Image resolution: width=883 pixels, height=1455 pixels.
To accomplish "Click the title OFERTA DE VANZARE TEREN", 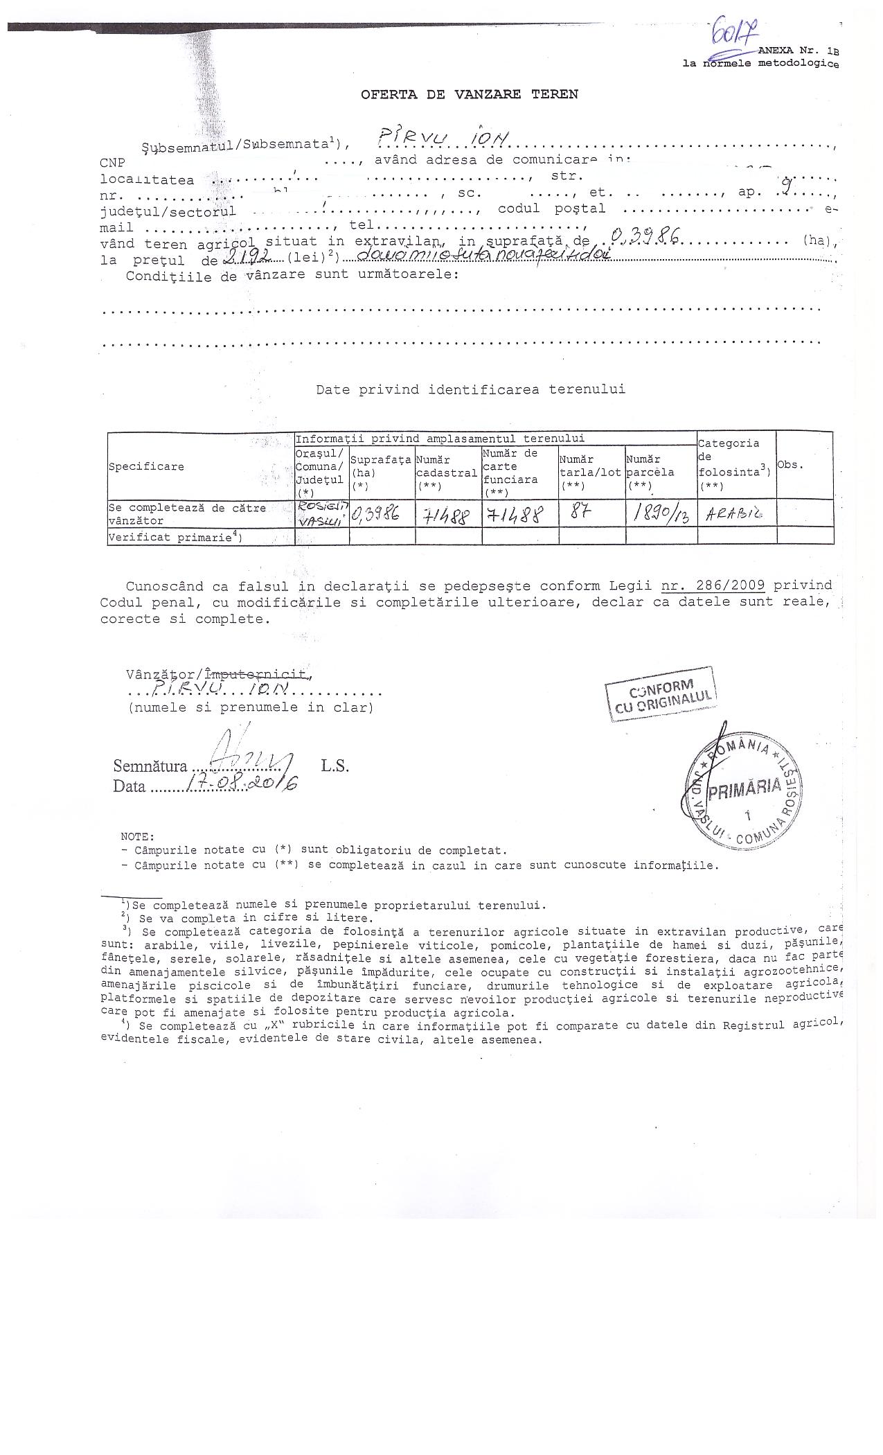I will pos(469,94).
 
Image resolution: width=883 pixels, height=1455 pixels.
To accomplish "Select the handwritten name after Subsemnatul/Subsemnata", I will pos(444,141).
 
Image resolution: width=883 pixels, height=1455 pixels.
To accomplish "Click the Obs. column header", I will pos(790,465).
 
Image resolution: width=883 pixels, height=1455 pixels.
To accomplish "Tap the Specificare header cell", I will pos(146,466).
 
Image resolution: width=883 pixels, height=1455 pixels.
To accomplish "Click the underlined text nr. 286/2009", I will pos(713,585).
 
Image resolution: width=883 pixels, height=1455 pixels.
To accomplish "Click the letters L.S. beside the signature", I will pos(335,766).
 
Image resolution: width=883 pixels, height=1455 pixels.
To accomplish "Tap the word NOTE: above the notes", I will pos(138,837).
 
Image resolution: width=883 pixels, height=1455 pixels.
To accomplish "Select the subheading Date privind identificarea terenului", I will pos(470,389).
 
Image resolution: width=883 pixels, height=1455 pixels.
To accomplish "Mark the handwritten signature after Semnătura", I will pos(246,757).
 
